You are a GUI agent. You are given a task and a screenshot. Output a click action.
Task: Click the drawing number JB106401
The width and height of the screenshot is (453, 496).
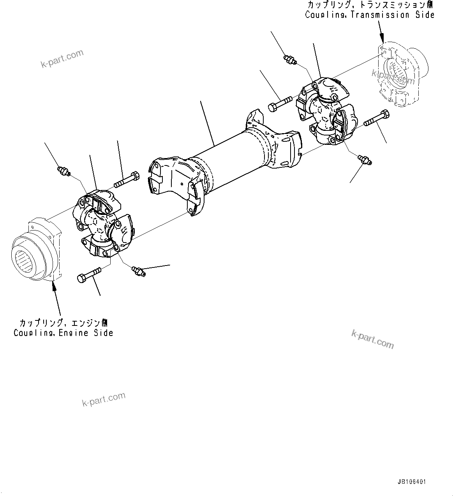pyautogui.click(x=412, y=482)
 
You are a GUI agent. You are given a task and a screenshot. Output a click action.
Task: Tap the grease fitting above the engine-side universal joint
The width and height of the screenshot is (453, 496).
pyautogui.click(x=63, y=171)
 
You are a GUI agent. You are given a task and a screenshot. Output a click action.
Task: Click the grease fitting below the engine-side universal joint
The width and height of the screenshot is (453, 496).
pyautogui.click(x=138, y=271)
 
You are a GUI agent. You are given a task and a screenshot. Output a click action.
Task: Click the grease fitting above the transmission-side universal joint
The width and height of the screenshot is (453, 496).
pyautogui.click(x=290, y=59)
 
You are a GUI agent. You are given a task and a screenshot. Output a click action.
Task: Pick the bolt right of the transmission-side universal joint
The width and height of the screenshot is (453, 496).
pyautogui.click(x=376, y=118)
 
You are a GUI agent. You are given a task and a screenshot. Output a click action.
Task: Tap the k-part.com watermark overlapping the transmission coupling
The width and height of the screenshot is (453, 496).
pyautogui.click(x=393, y=77)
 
